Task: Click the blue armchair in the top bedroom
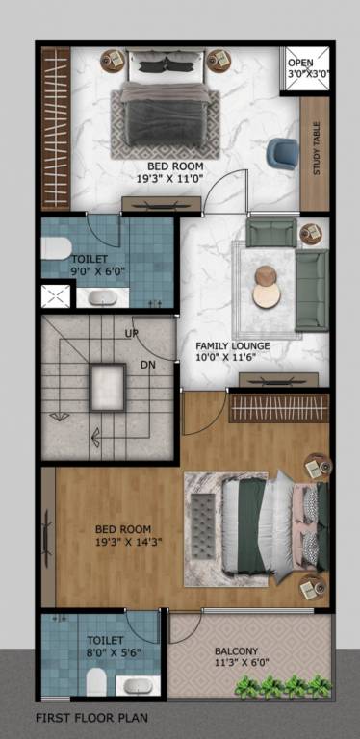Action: pyautogui.click(x=281, y=152)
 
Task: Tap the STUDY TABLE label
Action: pyautogui.click(x=317, y=153)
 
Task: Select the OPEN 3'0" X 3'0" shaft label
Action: pyautogui.click(x=308, y=66)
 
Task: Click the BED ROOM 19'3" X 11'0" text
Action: pyautogui.click(x=173, y=171)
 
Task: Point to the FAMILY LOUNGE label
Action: pyautogui.click(x=233, y=351)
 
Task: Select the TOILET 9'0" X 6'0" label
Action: pyautogui.click(x=89, y=266)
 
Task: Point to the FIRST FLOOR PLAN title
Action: pyautogui.click(x=91, y=718)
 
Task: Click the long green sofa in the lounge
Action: pyautogui.click(x=311, y=288)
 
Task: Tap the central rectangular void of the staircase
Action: pyautogui.click(x=108, y=388)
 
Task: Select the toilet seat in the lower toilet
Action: pyautogui.click(x=95, y=683)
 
